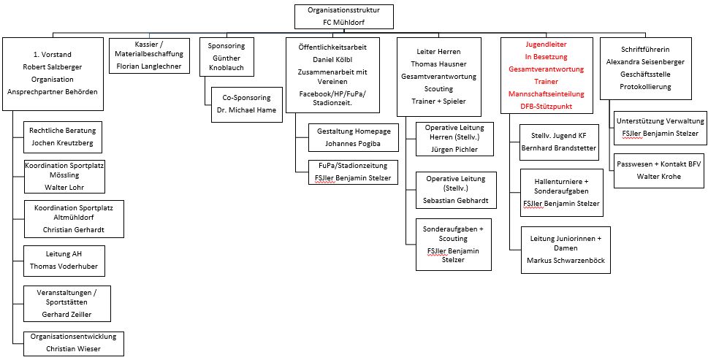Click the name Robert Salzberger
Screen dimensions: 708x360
point(53,66)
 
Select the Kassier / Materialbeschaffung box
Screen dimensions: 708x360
point(149,56)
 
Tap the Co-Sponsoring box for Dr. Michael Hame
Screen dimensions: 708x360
point(246,104)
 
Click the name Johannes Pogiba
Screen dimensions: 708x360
point(354,143)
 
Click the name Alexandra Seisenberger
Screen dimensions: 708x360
point(645,62)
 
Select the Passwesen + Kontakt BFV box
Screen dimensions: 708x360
point(659,171)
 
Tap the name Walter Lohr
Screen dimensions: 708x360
point(64,187)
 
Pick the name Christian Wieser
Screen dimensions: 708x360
point(73,348)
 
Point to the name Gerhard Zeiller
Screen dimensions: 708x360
point(66,314)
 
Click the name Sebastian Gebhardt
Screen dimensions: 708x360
point(456,201)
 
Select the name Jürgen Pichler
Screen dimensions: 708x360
point(454,149)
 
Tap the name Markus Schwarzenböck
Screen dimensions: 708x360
point(566,260)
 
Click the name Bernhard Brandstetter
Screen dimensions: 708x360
point(558,148)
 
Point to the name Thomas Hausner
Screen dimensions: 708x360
point(438,64)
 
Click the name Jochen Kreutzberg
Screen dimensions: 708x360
point(63,142)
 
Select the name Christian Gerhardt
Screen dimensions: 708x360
point(74,229)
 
